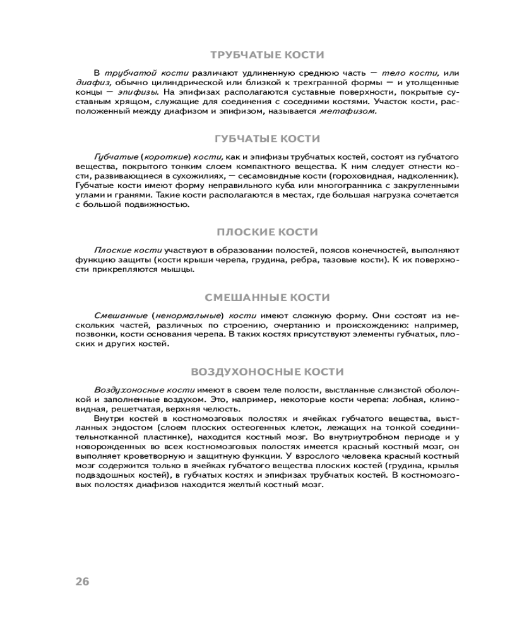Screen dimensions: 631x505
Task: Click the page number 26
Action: (x=82, y=582)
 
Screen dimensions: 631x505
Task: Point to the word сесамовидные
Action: (x=264, y=175)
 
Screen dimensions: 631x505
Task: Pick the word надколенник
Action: (x=431, y=175)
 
